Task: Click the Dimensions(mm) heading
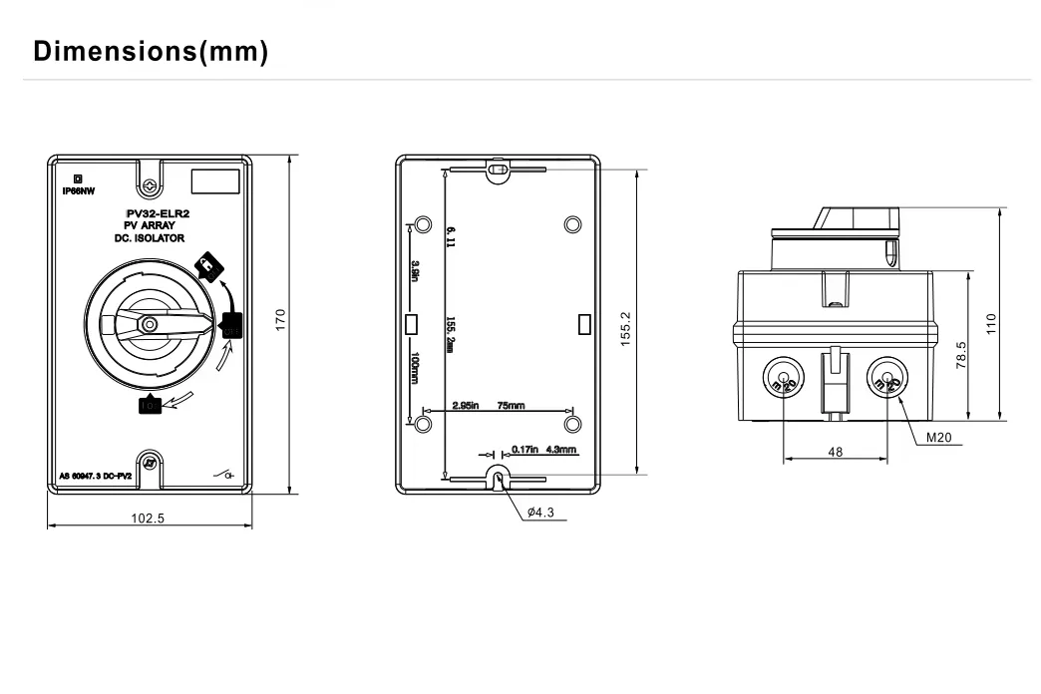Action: (151, 52)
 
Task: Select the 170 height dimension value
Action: (281, 320)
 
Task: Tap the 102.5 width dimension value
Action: (148, 518)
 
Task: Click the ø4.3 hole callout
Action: (540, 513)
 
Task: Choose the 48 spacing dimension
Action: (835, 452)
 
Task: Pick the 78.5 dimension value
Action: (959, 353)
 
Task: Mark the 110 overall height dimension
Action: (991, 324)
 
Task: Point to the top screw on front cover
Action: (149, 185)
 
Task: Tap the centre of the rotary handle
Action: (149, 324)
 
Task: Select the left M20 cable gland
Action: (784, 378)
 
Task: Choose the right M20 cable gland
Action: (885, 378)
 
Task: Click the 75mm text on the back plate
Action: (511, 406)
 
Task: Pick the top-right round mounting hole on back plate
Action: (571, 223)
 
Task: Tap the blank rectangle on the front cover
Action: (215, 181)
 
